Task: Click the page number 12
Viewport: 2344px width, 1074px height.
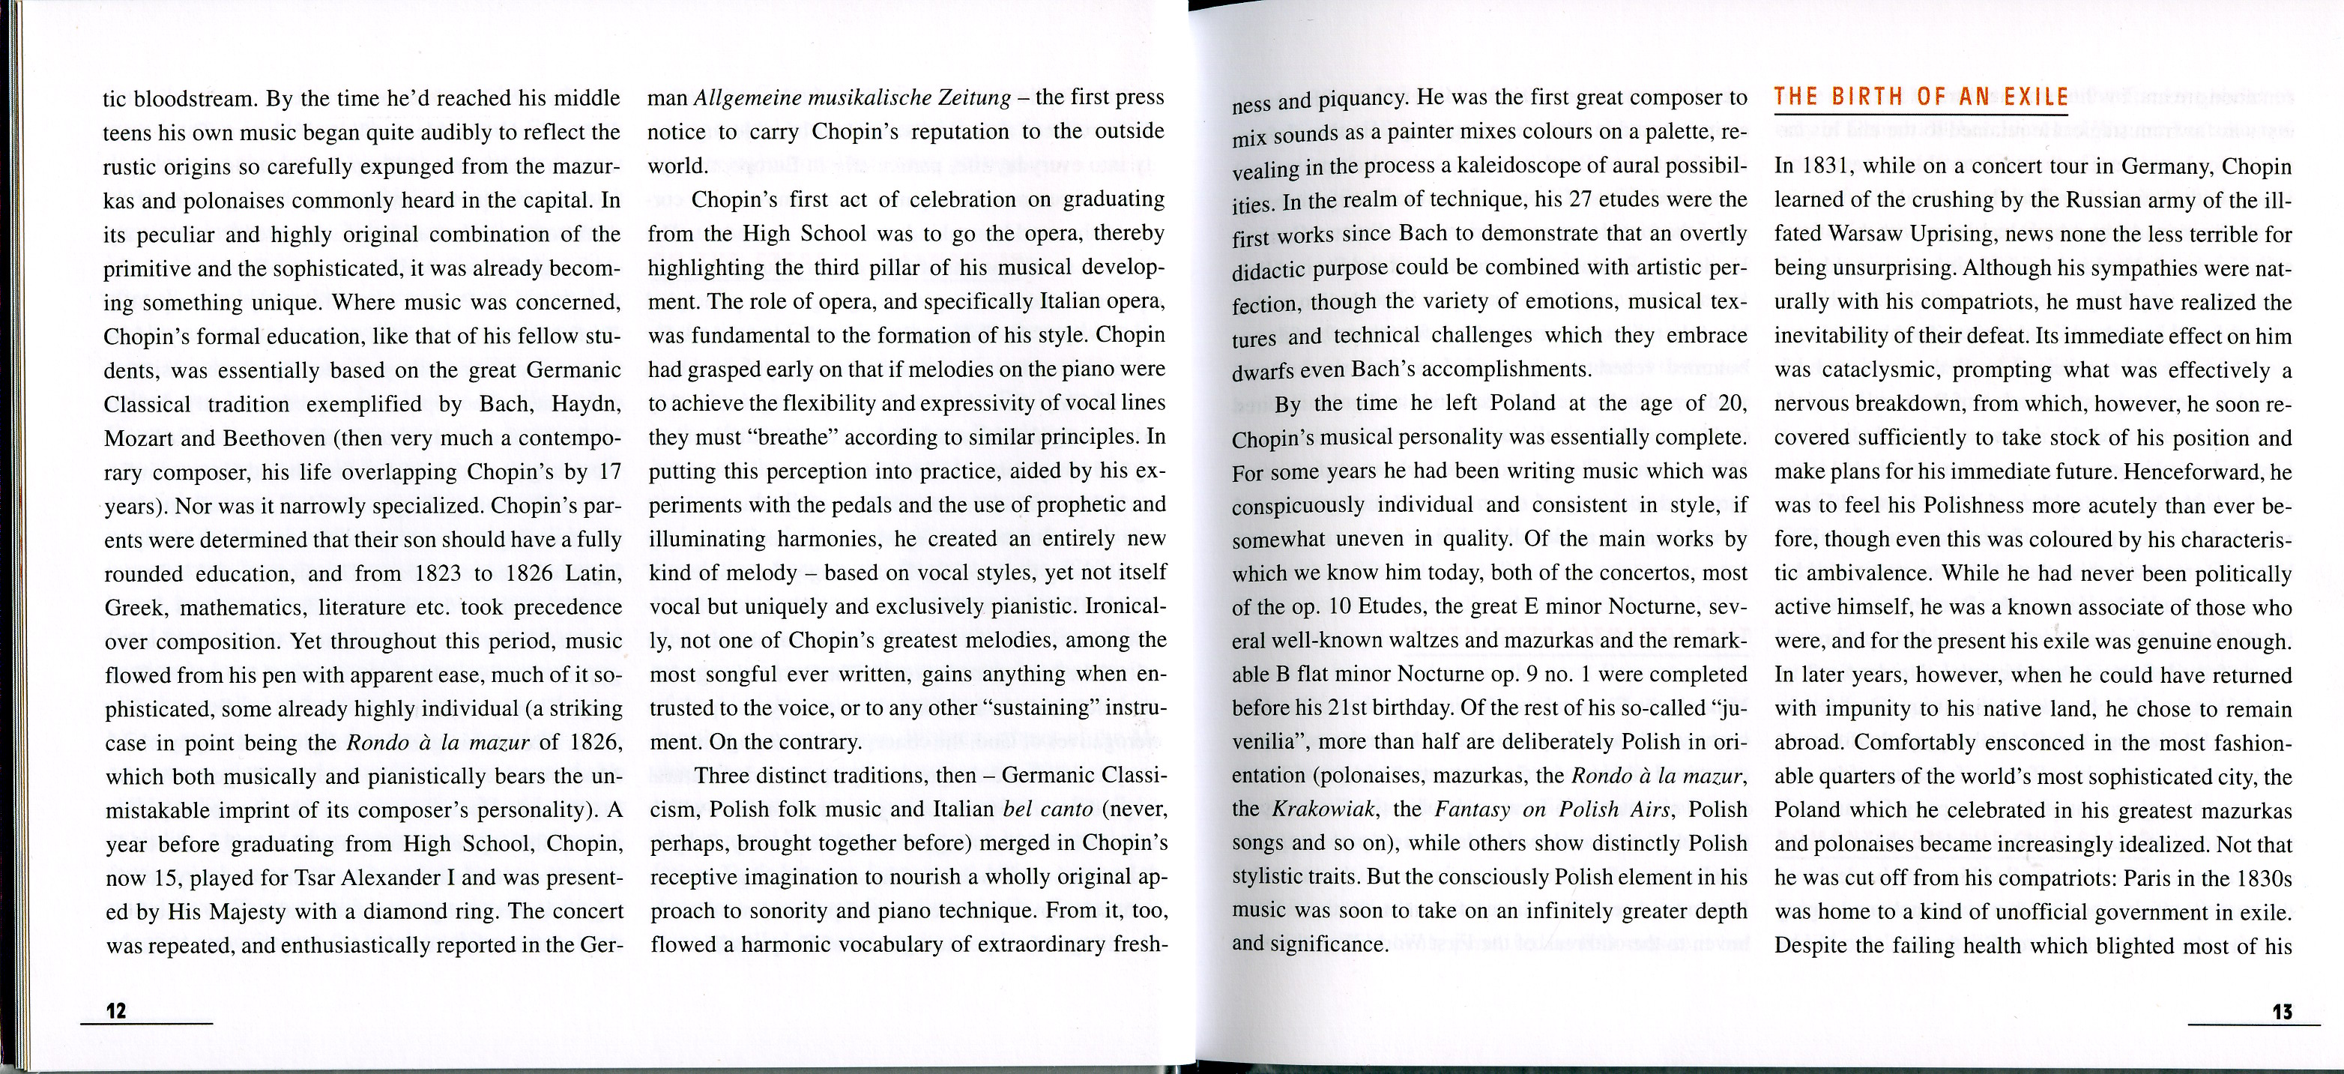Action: (x=116, y=1010)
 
